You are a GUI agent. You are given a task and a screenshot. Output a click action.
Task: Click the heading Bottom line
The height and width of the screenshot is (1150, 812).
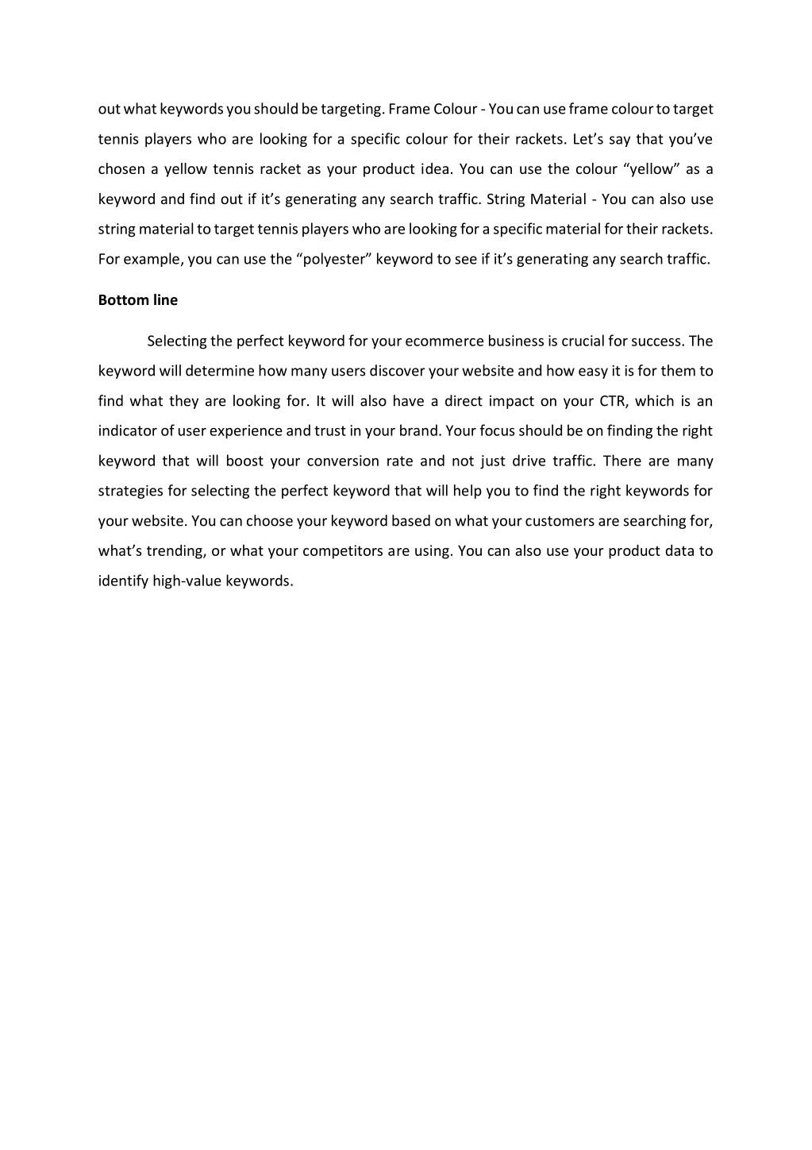click(137, 300)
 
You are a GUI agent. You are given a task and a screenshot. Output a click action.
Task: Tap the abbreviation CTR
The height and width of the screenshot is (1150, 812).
click(614, 401)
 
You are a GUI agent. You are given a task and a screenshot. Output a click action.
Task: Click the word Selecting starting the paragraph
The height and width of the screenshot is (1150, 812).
click(177, 342)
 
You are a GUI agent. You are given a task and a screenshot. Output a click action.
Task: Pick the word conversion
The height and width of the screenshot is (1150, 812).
click(343, 461)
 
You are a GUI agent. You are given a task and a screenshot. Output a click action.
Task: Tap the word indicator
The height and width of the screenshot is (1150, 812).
click(127, 431)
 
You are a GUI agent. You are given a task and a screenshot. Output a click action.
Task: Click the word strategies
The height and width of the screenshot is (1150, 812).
click(131, 491)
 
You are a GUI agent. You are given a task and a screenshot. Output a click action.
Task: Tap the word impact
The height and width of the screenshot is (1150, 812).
click(511, 401)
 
